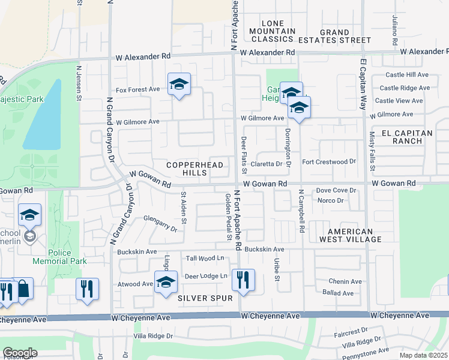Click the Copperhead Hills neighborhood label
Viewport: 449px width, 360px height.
click(194, 169)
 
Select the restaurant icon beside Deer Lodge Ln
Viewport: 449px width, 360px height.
click(243, 280)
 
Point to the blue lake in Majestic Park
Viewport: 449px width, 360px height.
click(44, 118)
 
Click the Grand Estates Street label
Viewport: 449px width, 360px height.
click(343, 36)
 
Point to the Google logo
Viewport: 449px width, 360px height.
click(20, 352)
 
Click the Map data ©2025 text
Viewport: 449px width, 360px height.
click(420, 355)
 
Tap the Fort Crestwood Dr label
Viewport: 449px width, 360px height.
click(329, 161)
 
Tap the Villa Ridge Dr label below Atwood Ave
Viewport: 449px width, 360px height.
click(152, 336)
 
